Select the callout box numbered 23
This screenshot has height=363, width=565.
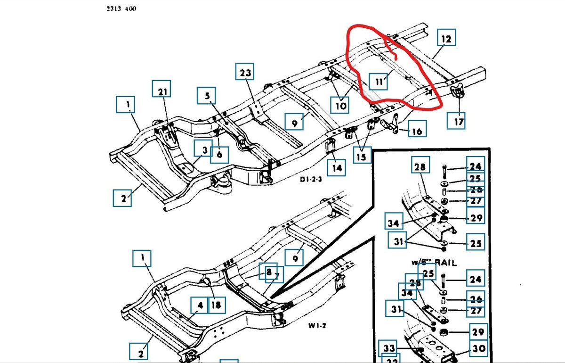tap(246, 73)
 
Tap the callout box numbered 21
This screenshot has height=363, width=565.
tap(161, 92)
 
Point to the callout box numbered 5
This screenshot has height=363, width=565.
tap(207, 97)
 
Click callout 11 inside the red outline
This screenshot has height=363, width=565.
tap(378, 81)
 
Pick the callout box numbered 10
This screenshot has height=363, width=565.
tap(340, 105)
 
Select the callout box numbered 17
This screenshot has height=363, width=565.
tap(459, 121)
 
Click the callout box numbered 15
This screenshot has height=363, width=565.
tap(361, 156)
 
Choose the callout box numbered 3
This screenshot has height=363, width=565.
tap(204, 150)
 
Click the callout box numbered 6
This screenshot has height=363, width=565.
tap(220, 154)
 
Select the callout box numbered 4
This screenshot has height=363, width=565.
tap(201, 305)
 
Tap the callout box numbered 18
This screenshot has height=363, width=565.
tap(216, 305)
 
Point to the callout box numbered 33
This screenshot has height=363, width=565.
tap(388, 349)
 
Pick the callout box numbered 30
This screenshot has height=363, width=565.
tap(478, 349)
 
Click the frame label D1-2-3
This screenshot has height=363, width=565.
tap(311, 180)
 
